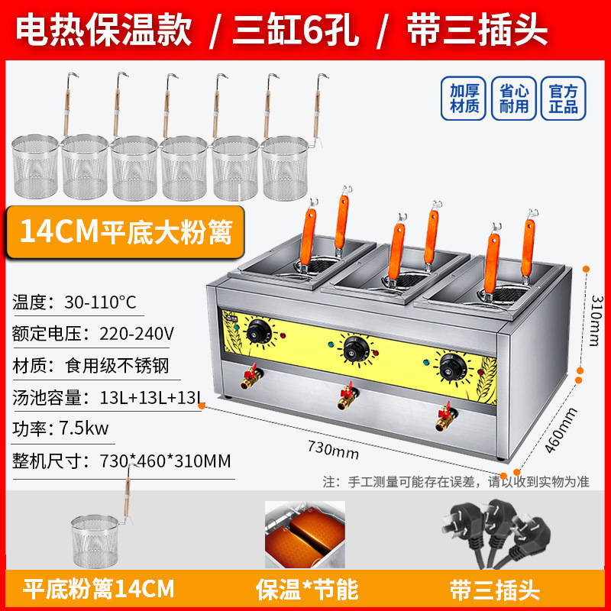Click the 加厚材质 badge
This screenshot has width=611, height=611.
click(x=464, y=98)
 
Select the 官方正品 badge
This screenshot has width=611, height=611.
click(x=562, y=98)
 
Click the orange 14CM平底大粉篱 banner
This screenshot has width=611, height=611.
click(x=127, y=232)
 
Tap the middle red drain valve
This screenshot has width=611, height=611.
click(x=344, y=397)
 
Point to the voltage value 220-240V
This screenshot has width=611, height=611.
click(x=138, y=333)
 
